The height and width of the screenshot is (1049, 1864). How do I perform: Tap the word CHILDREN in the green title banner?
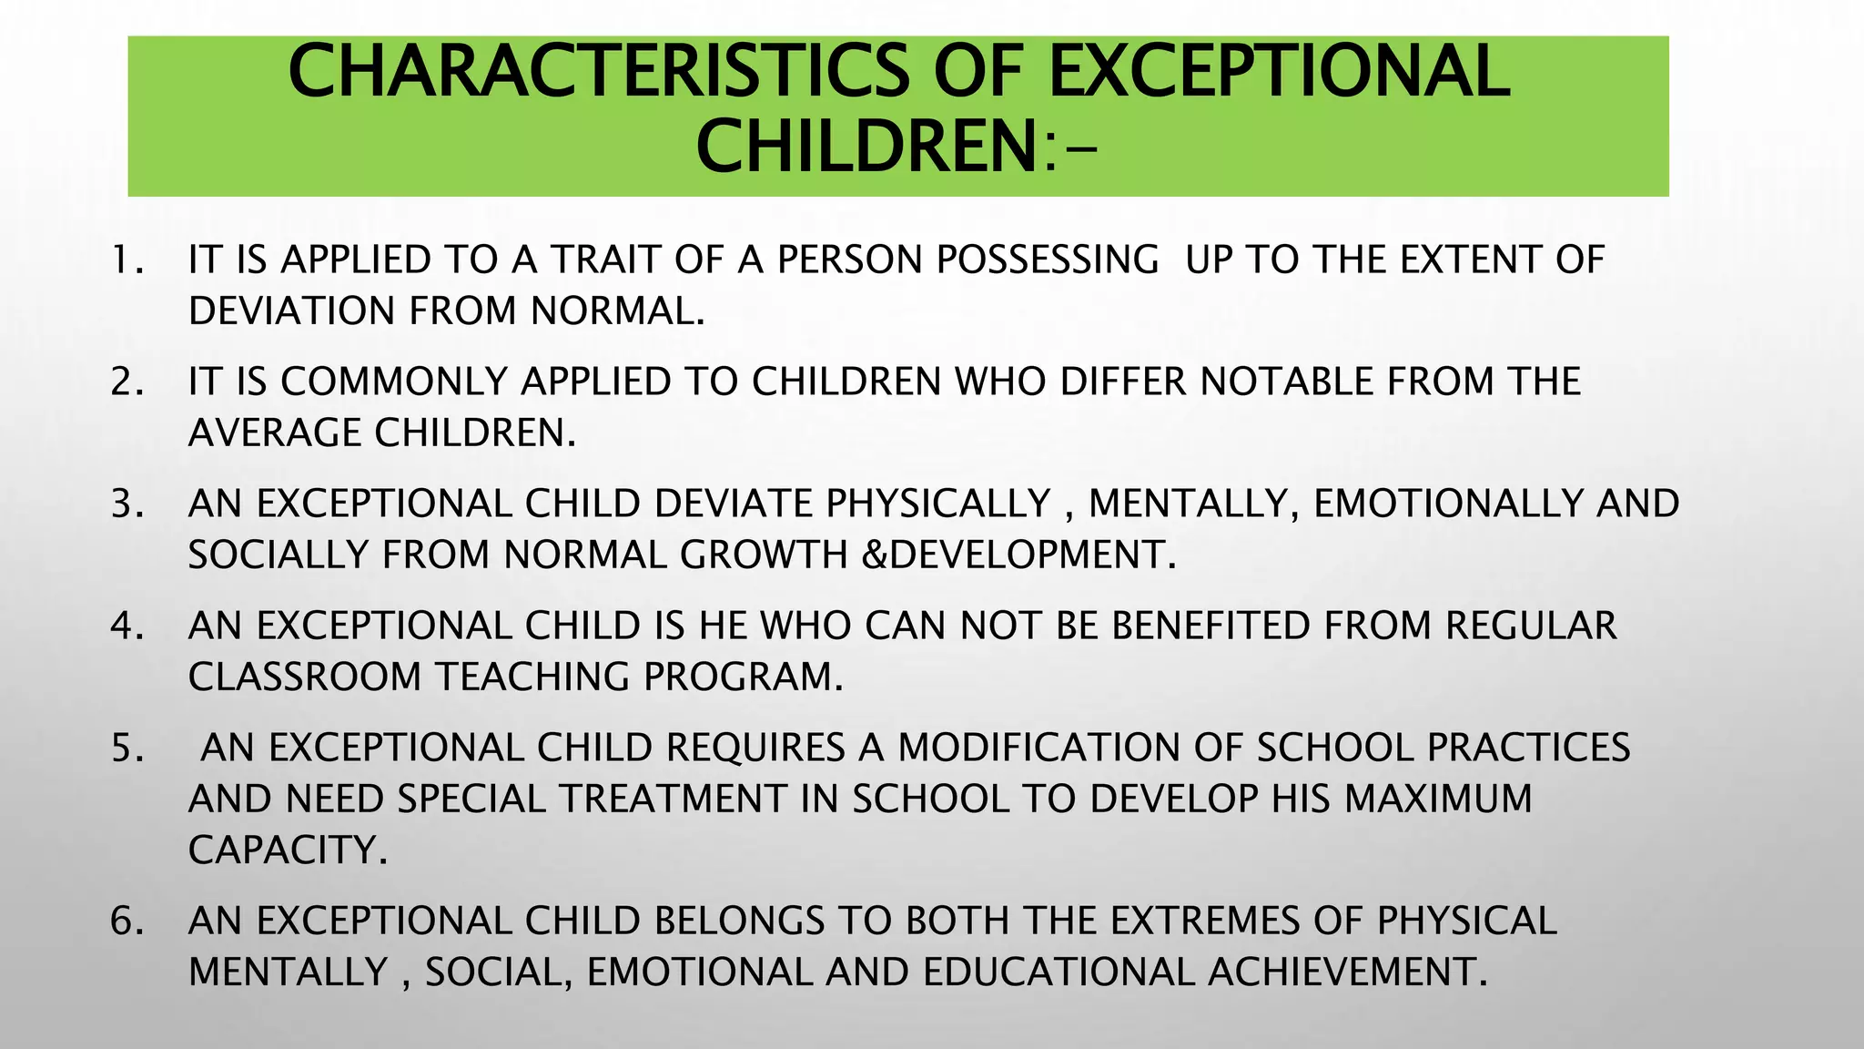[864, 148]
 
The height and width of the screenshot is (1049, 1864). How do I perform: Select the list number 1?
[127, 260]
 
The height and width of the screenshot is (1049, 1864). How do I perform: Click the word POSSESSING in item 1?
[1048, 260]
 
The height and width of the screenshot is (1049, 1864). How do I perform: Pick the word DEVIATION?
[291, 311]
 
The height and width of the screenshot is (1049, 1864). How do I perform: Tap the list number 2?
[127, 382]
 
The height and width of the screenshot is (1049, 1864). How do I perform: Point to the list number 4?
[127, 626]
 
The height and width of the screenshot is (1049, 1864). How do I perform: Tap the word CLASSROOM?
[304, 677]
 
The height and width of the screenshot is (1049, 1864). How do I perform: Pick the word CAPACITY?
[288, 850]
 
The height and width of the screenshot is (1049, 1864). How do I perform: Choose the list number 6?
[127, 921]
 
